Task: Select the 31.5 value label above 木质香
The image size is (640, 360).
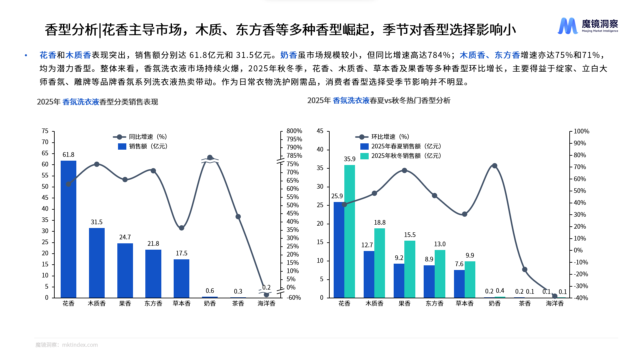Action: click(x=97, y=222)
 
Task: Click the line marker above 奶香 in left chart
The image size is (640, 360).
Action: click(x=210, y=158)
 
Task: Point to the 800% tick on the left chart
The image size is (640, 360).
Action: click(x=294, y=131)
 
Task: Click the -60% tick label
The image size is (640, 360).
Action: click(x=294, y=298)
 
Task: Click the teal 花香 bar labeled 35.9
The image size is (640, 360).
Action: click(x=350, y=231)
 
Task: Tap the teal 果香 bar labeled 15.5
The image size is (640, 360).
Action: click(x=410, y=269)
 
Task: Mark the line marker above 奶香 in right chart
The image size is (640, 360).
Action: click(x=495, y=166)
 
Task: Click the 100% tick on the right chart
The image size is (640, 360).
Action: click(x=581, y=131)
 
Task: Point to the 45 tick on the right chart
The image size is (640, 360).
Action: click(x=320, y=131)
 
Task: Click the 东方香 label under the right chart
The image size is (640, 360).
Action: click(x=434, y=303)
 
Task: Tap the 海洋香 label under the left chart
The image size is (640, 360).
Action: click(x=266, y=303)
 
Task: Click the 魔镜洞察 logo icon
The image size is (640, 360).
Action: click(x=567, y=26)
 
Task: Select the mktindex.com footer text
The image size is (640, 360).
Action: click(x=80, y=345)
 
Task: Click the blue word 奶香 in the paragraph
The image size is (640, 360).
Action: click(x=289, y=55)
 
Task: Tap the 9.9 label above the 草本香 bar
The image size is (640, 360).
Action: click(x=470, y=255)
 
